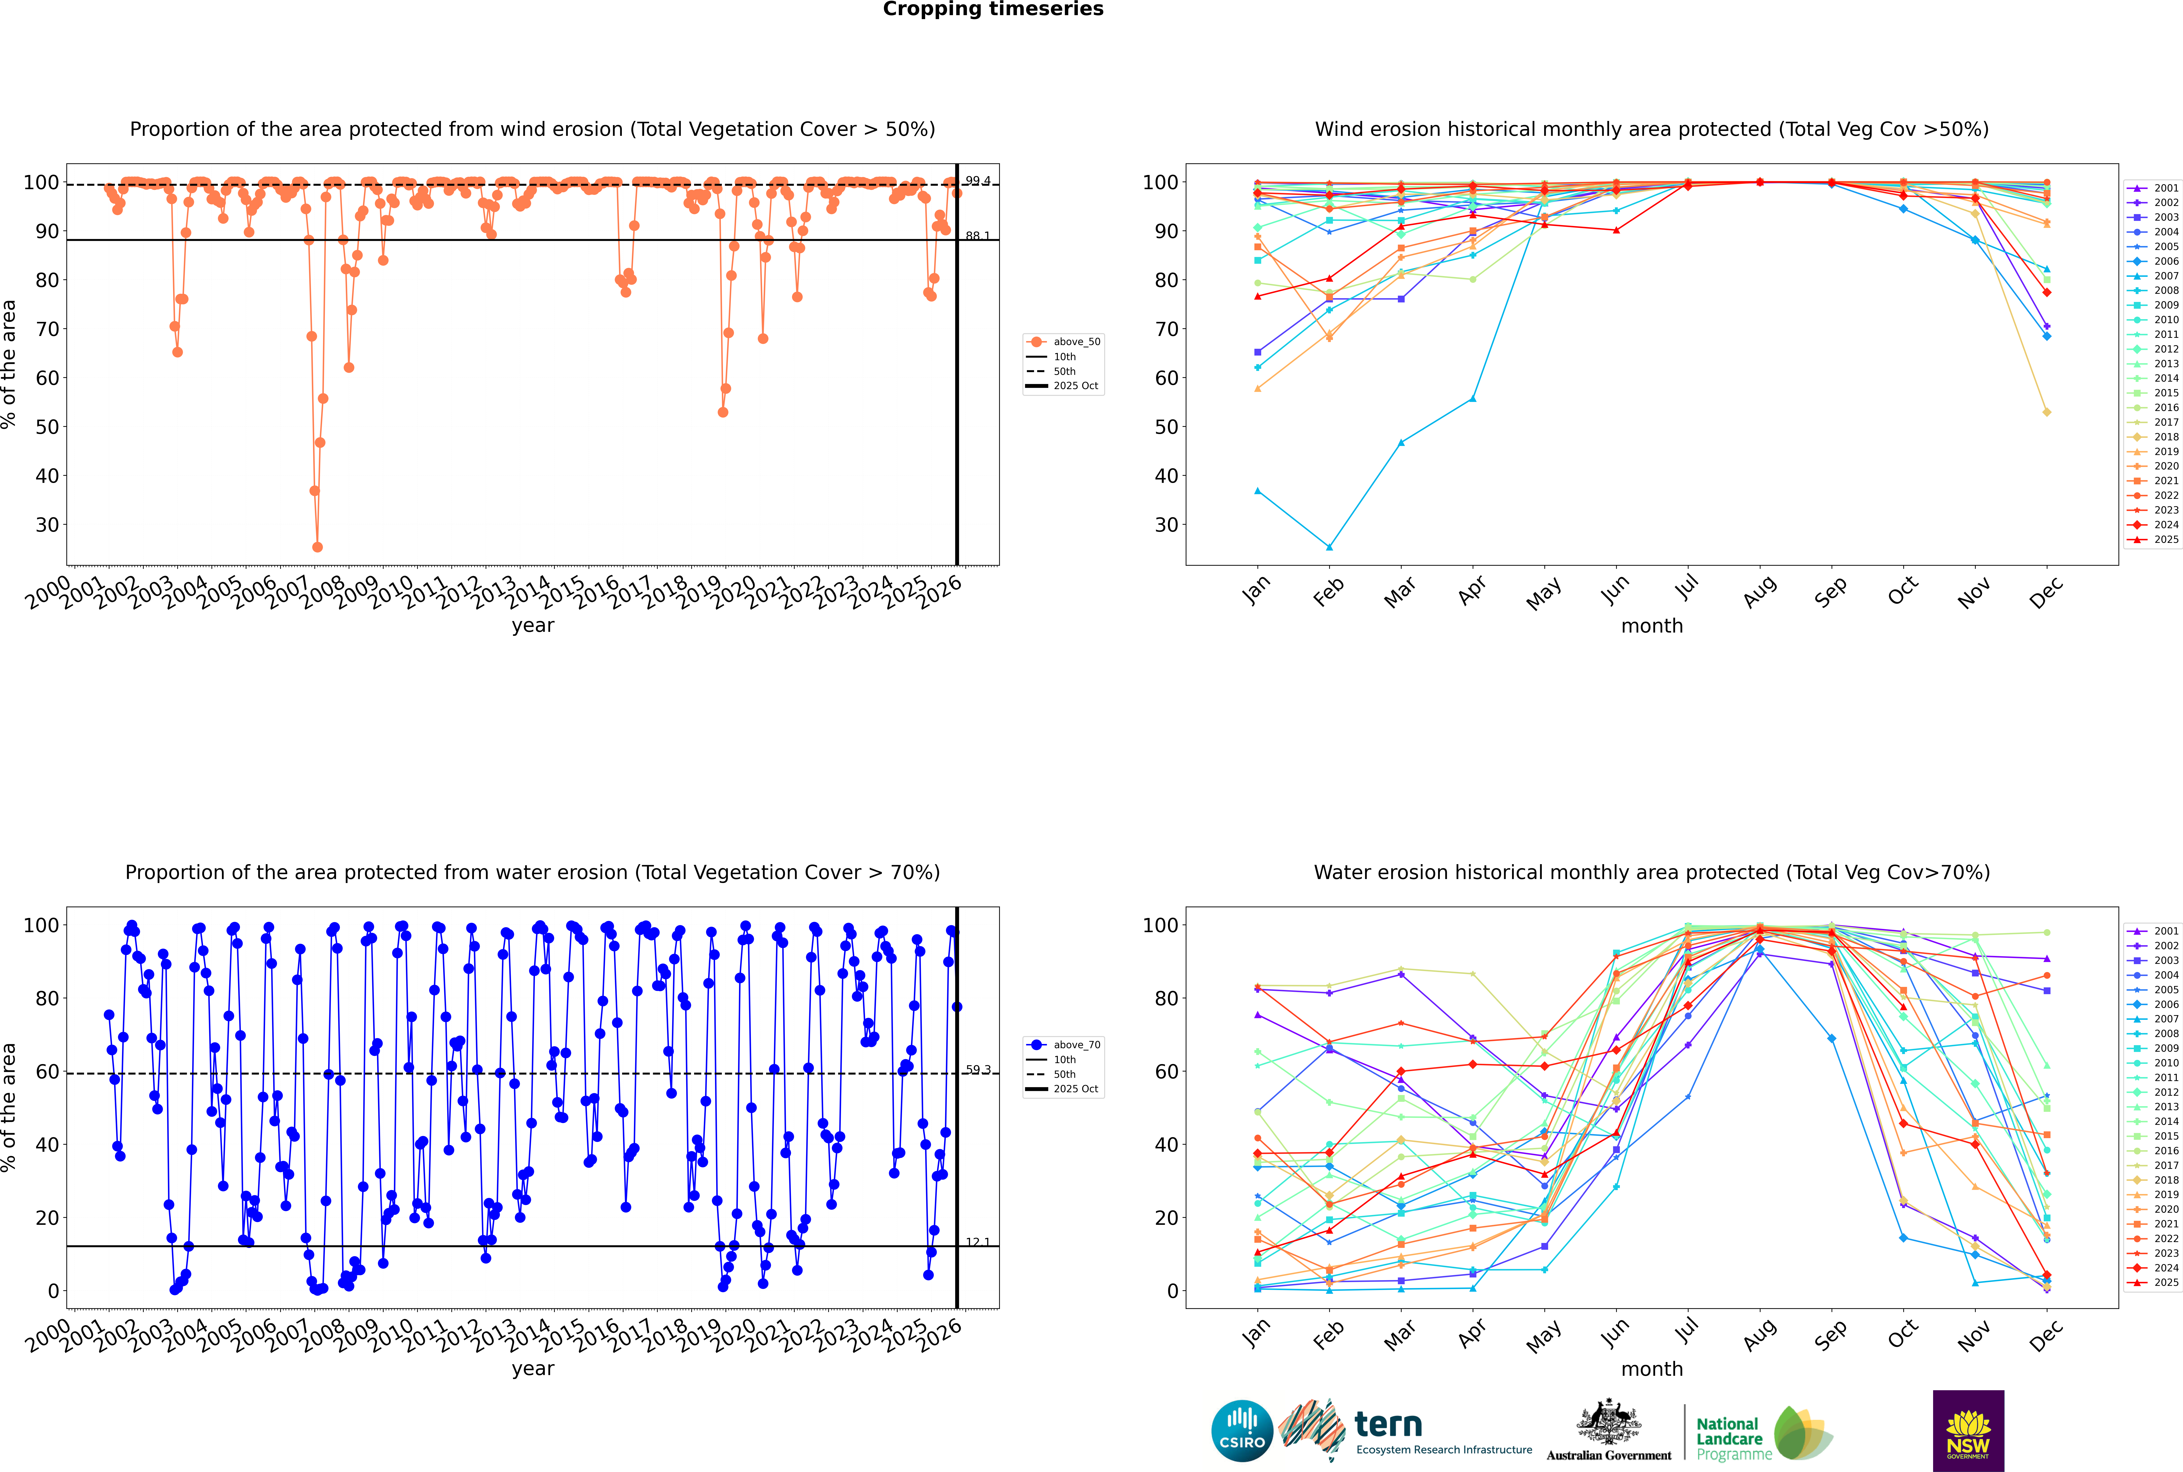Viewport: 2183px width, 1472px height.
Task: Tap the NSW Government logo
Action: (1968, 1431)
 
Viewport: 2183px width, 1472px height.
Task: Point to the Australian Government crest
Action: (1609, 1422)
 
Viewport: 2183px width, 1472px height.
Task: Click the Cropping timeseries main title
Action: (993, 9)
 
